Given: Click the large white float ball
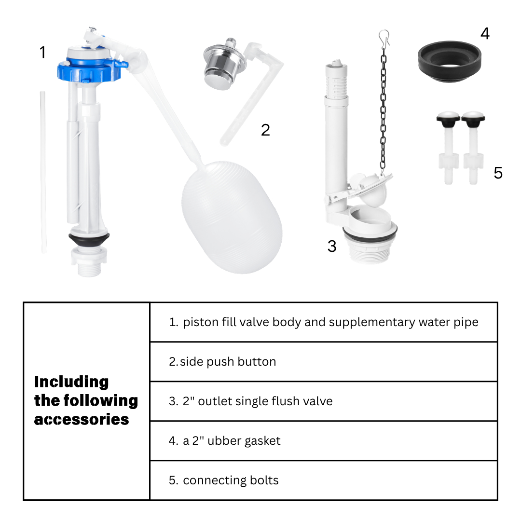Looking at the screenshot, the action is pyautogui.click(x=232, y=217).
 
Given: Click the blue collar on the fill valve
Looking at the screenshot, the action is pyautogui.click(x=90, y=70).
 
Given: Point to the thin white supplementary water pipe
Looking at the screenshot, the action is pyautogui.click(x=43, y=172).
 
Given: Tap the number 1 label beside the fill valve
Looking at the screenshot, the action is pyautogui.click(x=42, y=52).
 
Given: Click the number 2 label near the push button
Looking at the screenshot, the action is pyautogui.click(x=265, y=130).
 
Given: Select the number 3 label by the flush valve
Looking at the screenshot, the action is pyautogui.click(x=331, y=246).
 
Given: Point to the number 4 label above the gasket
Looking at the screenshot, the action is pyautogui.click(x=485, y=34).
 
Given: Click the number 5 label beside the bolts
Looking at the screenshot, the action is pyautogui.click(x=498, y=173).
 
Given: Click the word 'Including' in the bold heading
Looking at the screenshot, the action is pyautogui.click(x=71, y=382).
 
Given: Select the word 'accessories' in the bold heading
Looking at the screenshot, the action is pyautogui.click(x=82, y=420).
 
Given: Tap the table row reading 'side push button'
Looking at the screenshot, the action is pyautogui.click(x=222, y=361).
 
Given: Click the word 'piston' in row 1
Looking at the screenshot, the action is pyautogui.click(x=201, y=322).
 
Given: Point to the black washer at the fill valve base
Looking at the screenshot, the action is pyautogui.click(x=89, y=239).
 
